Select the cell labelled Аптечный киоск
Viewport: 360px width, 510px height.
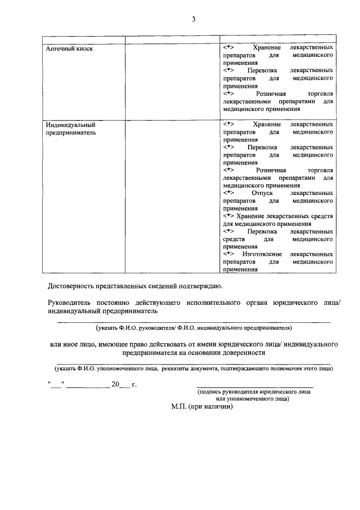69,48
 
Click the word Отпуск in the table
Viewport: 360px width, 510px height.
262,193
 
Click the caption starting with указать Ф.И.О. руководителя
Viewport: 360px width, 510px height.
193,327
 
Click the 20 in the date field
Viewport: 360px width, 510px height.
116,385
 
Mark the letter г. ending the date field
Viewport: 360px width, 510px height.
134,385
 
